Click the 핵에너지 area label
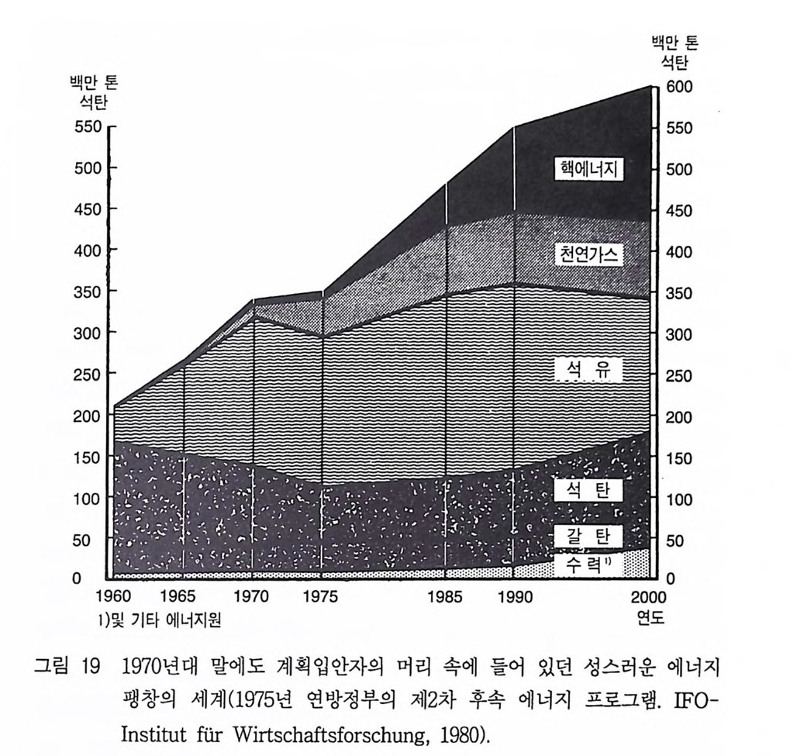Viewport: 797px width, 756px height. pos(589,170)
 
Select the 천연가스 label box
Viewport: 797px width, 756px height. pos(589,254)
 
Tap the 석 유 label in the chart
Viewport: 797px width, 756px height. pos(589,372)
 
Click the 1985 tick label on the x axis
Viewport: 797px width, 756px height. pos(446,598)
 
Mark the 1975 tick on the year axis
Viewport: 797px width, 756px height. pos(321,598)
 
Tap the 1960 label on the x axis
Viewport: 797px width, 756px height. pos(113,598)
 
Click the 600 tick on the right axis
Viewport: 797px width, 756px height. pos(680,87)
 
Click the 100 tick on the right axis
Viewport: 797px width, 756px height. pos(680,499)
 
